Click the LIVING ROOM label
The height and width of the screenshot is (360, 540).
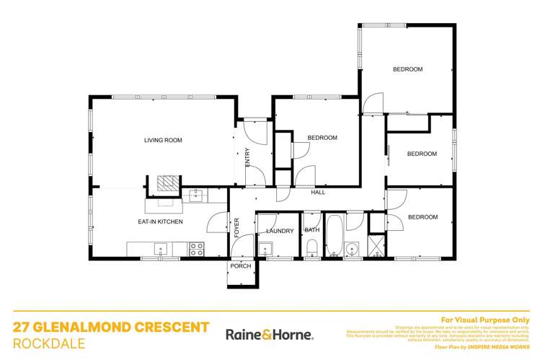point(162,140)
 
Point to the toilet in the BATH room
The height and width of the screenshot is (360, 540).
point(312,250)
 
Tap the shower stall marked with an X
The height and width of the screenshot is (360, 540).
point(376,245)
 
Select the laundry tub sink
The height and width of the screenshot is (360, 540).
point(265,250)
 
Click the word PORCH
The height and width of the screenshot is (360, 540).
point(240,266)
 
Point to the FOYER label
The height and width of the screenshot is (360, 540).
point(236,227)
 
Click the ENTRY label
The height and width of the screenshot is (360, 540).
point(247,157)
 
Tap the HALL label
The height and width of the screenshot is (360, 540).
point(318,193)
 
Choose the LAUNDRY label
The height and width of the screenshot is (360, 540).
point(280,231)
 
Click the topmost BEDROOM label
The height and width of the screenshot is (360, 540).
point(407,69)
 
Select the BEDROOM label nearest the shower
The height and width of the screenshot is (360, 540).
point(422,216)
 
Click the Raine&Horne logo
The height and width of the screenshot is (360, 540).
point(270,335)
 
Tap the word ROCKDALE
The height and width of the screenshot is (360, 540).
point(48,343)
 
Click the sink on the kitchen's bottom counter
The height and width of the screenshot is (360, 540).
point(161,250)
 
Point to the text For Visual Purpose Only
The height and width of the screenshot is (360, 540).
point(484,319)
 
